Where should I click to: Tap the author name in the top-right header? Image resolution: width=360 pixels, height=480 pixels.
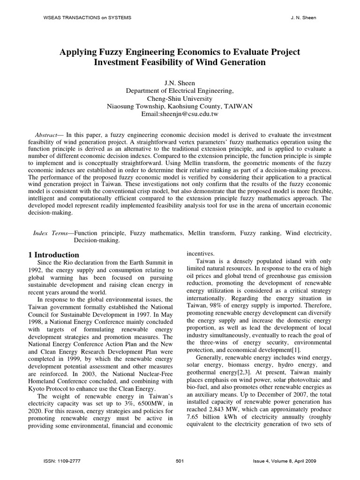click(304, 17)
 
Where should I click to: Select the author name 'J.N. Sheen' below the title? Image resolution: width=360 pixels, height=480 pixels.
click(180, 83)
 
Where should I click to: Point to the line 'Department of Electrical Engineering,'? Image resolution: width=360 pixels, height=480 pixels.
click(180, 91)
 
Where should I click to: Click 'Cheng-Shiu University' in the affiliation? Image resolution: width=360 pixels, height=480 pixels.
click(180, 98)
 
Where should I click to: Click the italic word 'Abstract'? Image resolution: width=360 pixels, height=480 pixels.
click(46, 135)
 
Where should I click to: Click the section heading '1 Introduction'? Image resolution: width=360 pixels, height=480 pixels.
click(53, 255)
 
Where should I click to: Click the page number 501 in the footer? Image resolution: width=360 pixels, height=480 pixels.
click(179, 461)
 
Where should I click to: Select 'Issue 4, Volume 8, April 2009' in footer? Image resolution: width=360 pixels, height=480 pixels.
click(284, 461)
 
